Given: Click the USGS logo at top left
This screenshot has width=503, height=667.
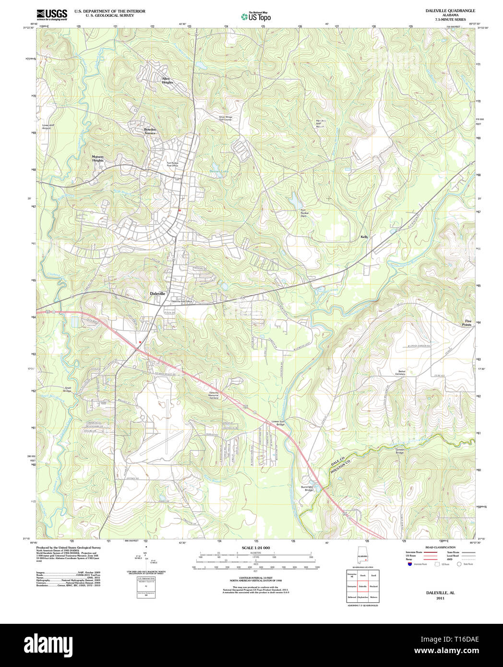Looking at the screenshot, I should click(52, 14).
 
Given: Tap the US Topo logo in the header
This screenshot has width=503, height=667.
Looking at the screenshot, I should click(256, 17).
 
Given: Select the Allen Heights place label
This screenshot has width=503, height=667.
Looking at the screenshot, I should click(167, 81).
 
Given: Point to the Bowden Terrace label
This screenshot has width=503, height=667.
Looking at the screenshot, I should click(150, 131).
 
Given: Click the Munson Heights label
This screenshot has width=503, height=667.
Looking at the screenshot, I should click(98, 158).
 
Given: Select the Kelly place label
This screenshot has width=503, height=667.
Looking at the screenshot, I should click(364, 237).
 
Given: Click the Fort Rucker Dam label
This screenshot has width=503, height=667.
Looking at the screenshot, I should click(303, 213).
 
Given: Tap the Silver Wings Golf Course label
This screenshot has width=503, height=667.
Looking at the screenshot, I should click(225, 118).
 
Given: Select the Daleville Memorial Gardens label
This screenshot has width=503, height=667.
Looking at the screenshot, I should click(214, 395).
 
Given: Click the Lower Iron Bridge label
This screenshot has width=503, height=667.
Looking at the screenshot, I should click(278, 423).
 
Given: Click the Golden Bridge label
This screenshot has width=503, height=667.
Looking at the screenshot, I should click(400, 451).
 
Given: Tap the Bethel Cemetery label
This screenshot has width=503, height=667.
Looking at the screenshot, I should click(400, 372).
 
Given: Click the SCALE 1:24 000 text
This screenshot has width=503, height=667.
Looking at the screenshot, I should click(255, 548).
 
